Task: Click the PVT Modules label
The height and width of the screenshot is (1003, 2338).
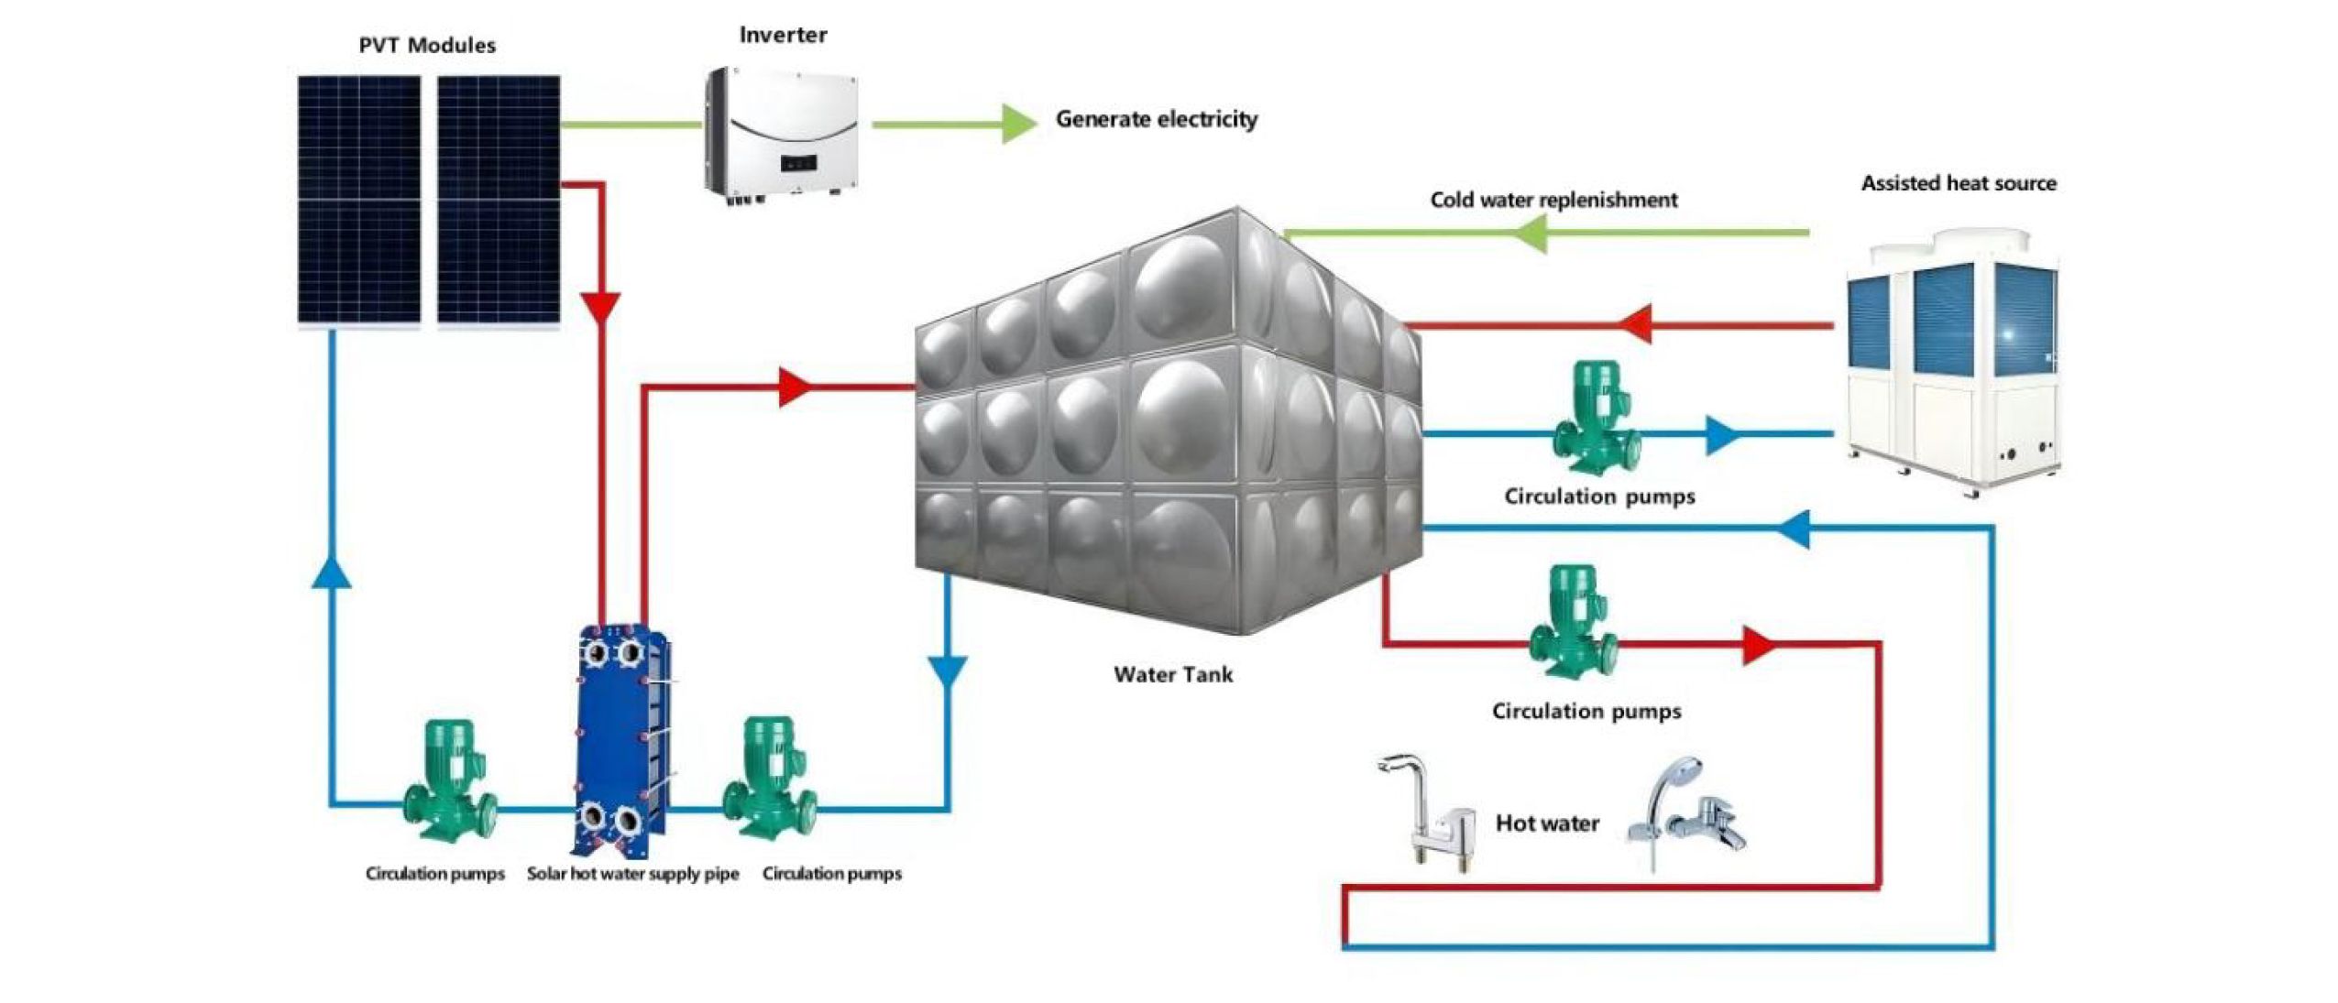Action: [x=426, y=45]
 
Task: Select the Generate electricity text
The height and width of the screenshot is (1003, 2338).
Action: [x=1156, y=119]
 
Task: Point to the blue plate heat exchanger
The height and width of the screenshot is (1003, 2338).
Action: [x=620, y=739]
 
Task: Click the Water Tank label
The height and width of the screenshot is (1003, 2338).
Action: [x=1172, y=675]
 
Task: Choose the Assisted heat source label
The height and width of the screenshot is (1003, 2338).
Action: [x=1958, y=183]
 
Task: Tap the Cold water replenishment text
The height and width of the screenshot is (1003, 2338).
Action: [x=1553, y=200]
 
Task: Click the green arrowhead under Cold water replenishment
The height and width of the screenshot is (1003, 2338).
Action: [x=1528, y=234]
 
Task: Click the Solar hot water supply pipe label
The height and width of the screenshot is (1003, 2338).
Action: [x=632, y=874]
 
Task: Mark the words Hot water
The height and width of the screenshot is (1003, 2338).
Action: [x=1547, y=823]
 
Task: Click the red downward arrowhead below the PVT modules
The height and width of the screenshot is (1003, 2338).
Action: [x=601, y=307]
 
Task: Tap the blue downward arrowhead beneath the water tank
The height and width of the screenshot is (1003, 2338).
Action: [x=948, y=673]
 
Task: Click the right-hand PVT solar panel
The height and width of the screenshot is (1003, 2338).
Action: [x=499, y=199]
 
